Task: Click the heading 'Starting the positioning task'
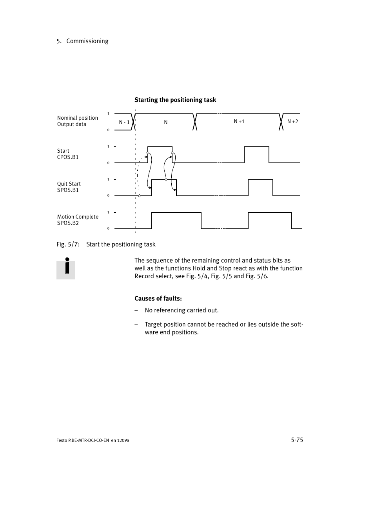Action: (175, 100)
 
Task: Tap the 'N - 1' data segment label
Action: (124, 122)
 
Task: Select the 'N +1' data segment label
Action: (239, 121)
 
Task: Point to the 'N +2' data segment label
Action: (292, 121)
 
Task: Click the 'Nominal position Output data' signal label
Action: (78, 121)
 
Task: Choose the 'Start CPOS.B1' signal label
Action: (68, 154)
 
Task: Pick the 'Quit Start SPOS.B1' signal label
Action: (69, 187)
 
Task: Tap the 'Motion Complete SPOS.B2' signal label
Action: (78, 220)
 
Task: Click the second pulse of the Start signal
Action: (256, 155)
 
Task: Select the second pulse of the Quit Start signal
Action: (260, 188)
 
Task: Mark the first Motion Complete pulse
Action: (176, 220)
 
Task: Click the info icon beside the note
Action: (66, 268)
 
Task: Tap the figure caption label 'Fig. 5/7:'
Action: (68, 244)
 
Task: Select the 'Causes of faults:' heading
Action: (158, 298)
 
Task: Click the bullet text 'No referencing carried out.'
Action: (182, 310)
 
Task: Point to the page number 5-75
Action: (297, 440)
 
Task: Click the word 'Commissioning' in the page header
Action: (87, 41)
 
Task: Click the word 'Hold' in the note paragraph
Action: (199, 268)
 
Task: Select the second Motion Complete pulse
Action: (270, 220)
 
